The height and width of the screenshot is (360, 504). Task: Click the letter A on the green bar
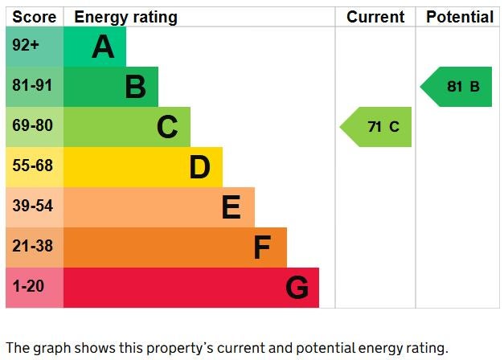103,47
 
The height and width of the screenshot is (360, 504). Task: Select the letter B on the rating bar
135,87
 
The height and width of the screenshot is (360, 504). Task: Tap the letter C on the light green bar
167,127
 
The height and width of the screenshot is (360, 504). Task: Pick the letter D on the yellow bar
199,168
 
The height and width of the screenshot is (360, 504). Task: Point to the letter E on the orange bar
231,207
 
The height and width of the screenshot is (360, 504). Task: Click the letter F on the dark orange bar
262,247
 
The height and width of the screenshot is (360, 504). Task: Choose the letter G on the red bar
297,288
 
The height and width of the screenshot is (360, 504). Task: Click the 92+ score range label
26,46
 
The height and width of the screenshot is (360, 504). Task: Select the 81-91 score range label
32,86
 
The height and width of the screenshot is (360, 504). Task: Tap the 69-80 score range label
32,126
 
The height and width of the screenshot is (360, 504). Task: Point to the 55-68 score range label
32,166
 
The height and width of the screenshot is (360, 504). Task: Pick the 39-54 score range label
32,207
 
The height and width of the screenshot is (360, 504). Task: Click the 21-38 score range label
32,247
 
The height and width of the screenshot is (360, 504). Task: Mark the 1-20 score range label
28,287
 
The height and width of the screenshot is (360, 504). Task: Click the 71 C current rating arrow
378,127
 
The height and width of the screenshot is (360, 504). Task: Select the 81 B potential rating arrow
457,87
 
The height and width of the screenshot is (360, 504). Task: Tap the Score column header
35,17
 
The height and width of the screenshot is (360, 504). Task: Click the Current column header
375,17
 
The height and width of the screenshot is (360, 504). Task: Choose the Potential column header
459,17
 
